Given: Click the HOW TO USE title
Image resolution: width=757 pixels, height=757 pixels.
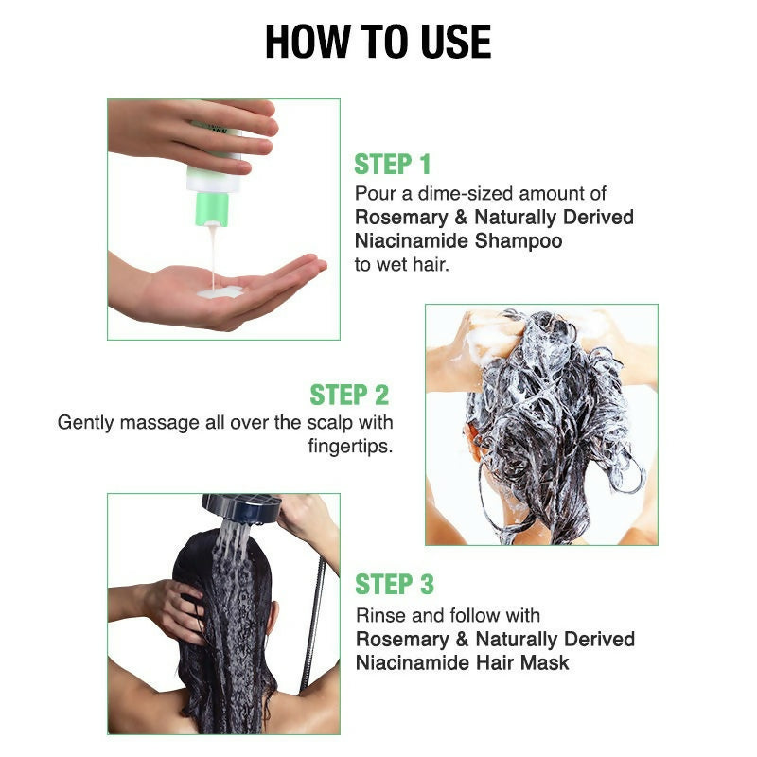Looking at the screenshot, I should point(378,42).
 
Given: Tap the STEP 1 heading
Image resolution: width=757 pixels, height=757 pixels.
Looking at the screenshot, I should point(393,165).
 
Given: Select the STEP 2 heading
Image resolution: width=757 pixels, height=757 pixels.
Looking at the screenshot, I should point(349,395).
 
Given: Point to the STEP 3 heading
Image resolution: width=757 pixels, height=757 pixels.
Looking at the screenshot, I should point(394,584).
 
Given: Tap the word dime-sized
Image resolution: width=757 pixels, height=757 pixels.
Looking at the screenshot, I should point(446,194).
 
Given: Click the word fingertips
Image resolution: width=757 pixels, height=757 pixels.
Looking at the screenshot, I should point(350,446).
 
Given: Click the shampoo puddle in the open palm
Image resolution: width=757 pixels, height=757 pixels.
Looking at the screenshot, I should point(219,292).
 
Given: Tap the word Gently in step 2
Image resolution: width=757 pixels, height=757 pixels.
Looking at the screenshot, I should point(86,422).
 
